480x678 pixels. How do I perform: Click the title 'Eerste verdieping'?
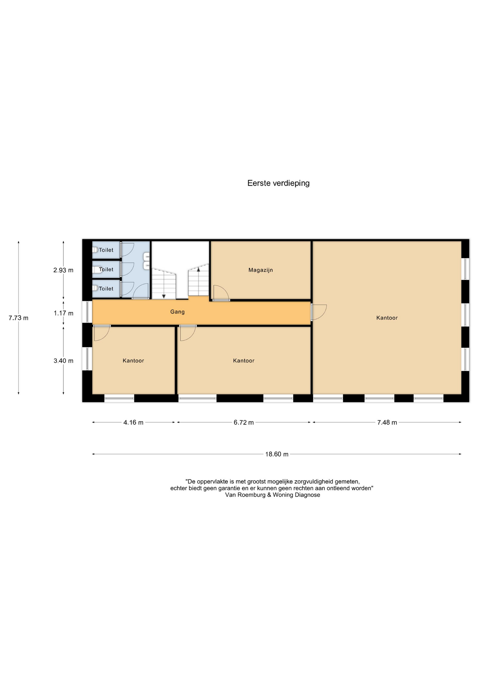coord(278,183)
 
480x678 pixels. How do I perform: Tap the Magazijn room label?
coord(261,270)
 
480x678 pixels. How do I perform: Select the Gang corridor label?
coord(177,312)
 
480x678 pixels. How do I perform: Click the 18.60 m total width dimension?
coord(277,454)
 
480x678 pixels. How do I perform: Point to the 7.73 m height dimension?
coord(18,318)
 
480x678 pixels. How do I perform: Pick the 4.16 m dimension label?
coord(133,422)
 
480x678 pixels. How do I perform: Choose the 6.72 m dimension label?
coord(244,422)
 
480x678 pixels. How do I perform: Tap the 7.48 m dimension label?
coord(387,422)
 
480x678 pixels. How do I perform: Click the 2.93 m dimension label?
coord(63,270)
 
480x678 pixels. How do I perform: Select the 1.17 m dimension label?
coord(64,313)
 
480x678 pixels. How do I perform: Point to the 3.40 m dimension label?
coord(63,361)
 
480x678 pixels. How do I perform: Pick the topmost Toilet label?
coord(106,250)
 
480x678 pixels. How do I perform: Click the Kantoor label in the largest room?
coord(387,318)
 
